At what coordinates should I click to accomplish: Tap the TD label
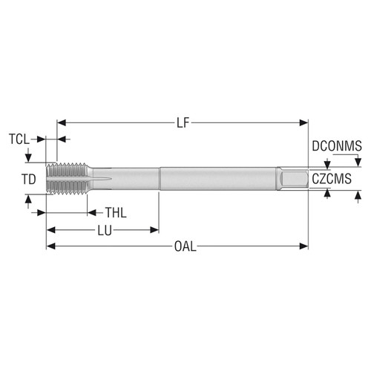[x=27, y=179]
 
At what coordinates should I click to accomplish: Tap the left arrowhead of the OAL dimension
[x=50, y=246]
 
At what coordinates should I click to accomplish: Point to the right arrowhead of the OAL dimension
[x=304, y=246]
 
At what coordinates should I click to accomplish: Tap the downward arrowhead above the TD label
[x=28, y=159]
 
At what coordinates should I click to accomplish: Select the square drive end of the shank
[x=293, y=179]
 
